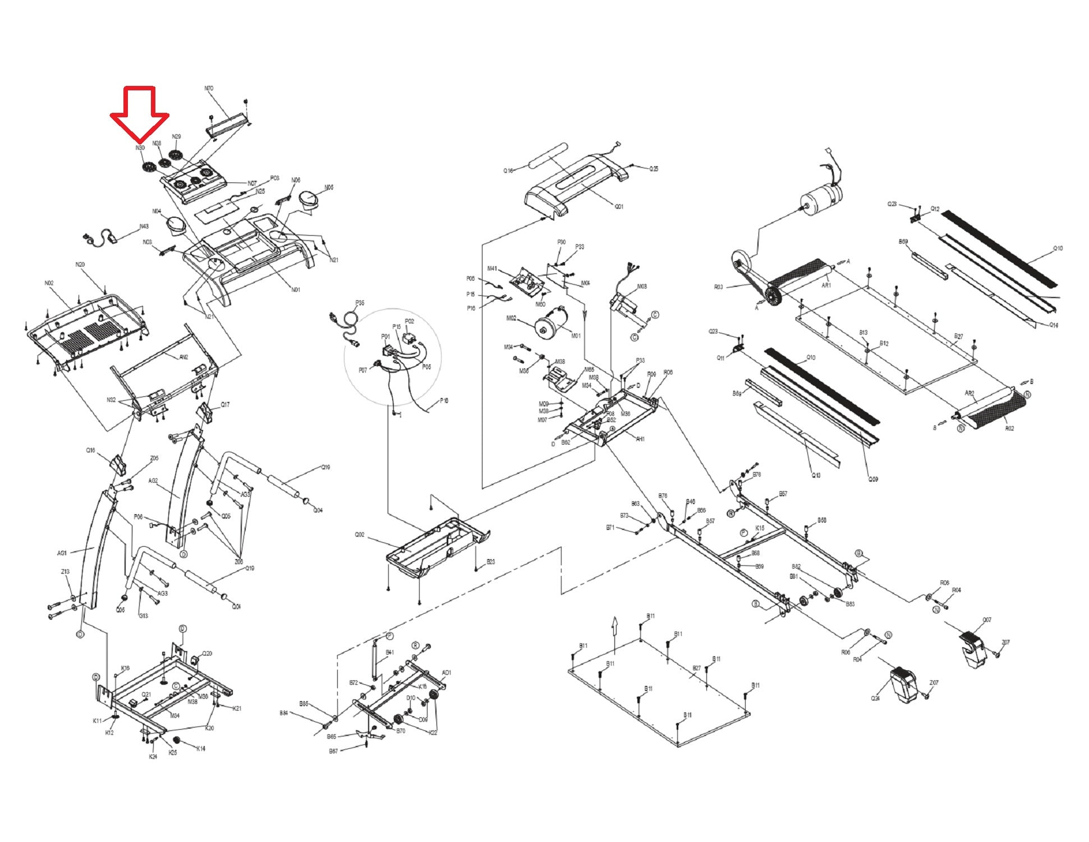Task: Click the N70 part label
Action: [x=209, y=89]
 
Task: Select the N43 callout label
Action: [x=144, y=227]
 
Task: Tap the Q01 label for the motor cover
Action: [x=619, y=207]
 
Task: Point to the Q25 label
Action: [x=654, y=168]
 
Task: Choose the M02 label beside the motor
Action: [x=511, y=318]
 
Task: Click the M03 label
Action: [x=642, y=286]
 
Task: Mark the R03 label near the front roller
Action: [x=718, y=287]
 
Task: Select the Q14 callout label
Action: [x=1054, y=325]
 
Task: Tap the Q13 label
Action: [x=816, y=475]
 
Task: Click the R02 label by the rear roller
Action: [x=1009, y=428]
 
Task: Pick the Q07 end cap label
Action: [x=987, y=620]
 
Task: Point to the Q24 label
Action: [x=875, y=698]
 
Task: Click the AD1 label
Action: [x=447, y=672]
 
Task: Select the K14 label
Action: [x=200, y=748]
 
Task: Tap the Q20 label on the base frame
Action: [x=207, y=653]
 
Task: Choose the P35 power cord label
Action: [x=360, y=303]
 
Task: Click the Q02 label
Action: [x=360, y=534]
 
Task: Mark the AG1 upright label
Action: [x=62, y=553]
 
